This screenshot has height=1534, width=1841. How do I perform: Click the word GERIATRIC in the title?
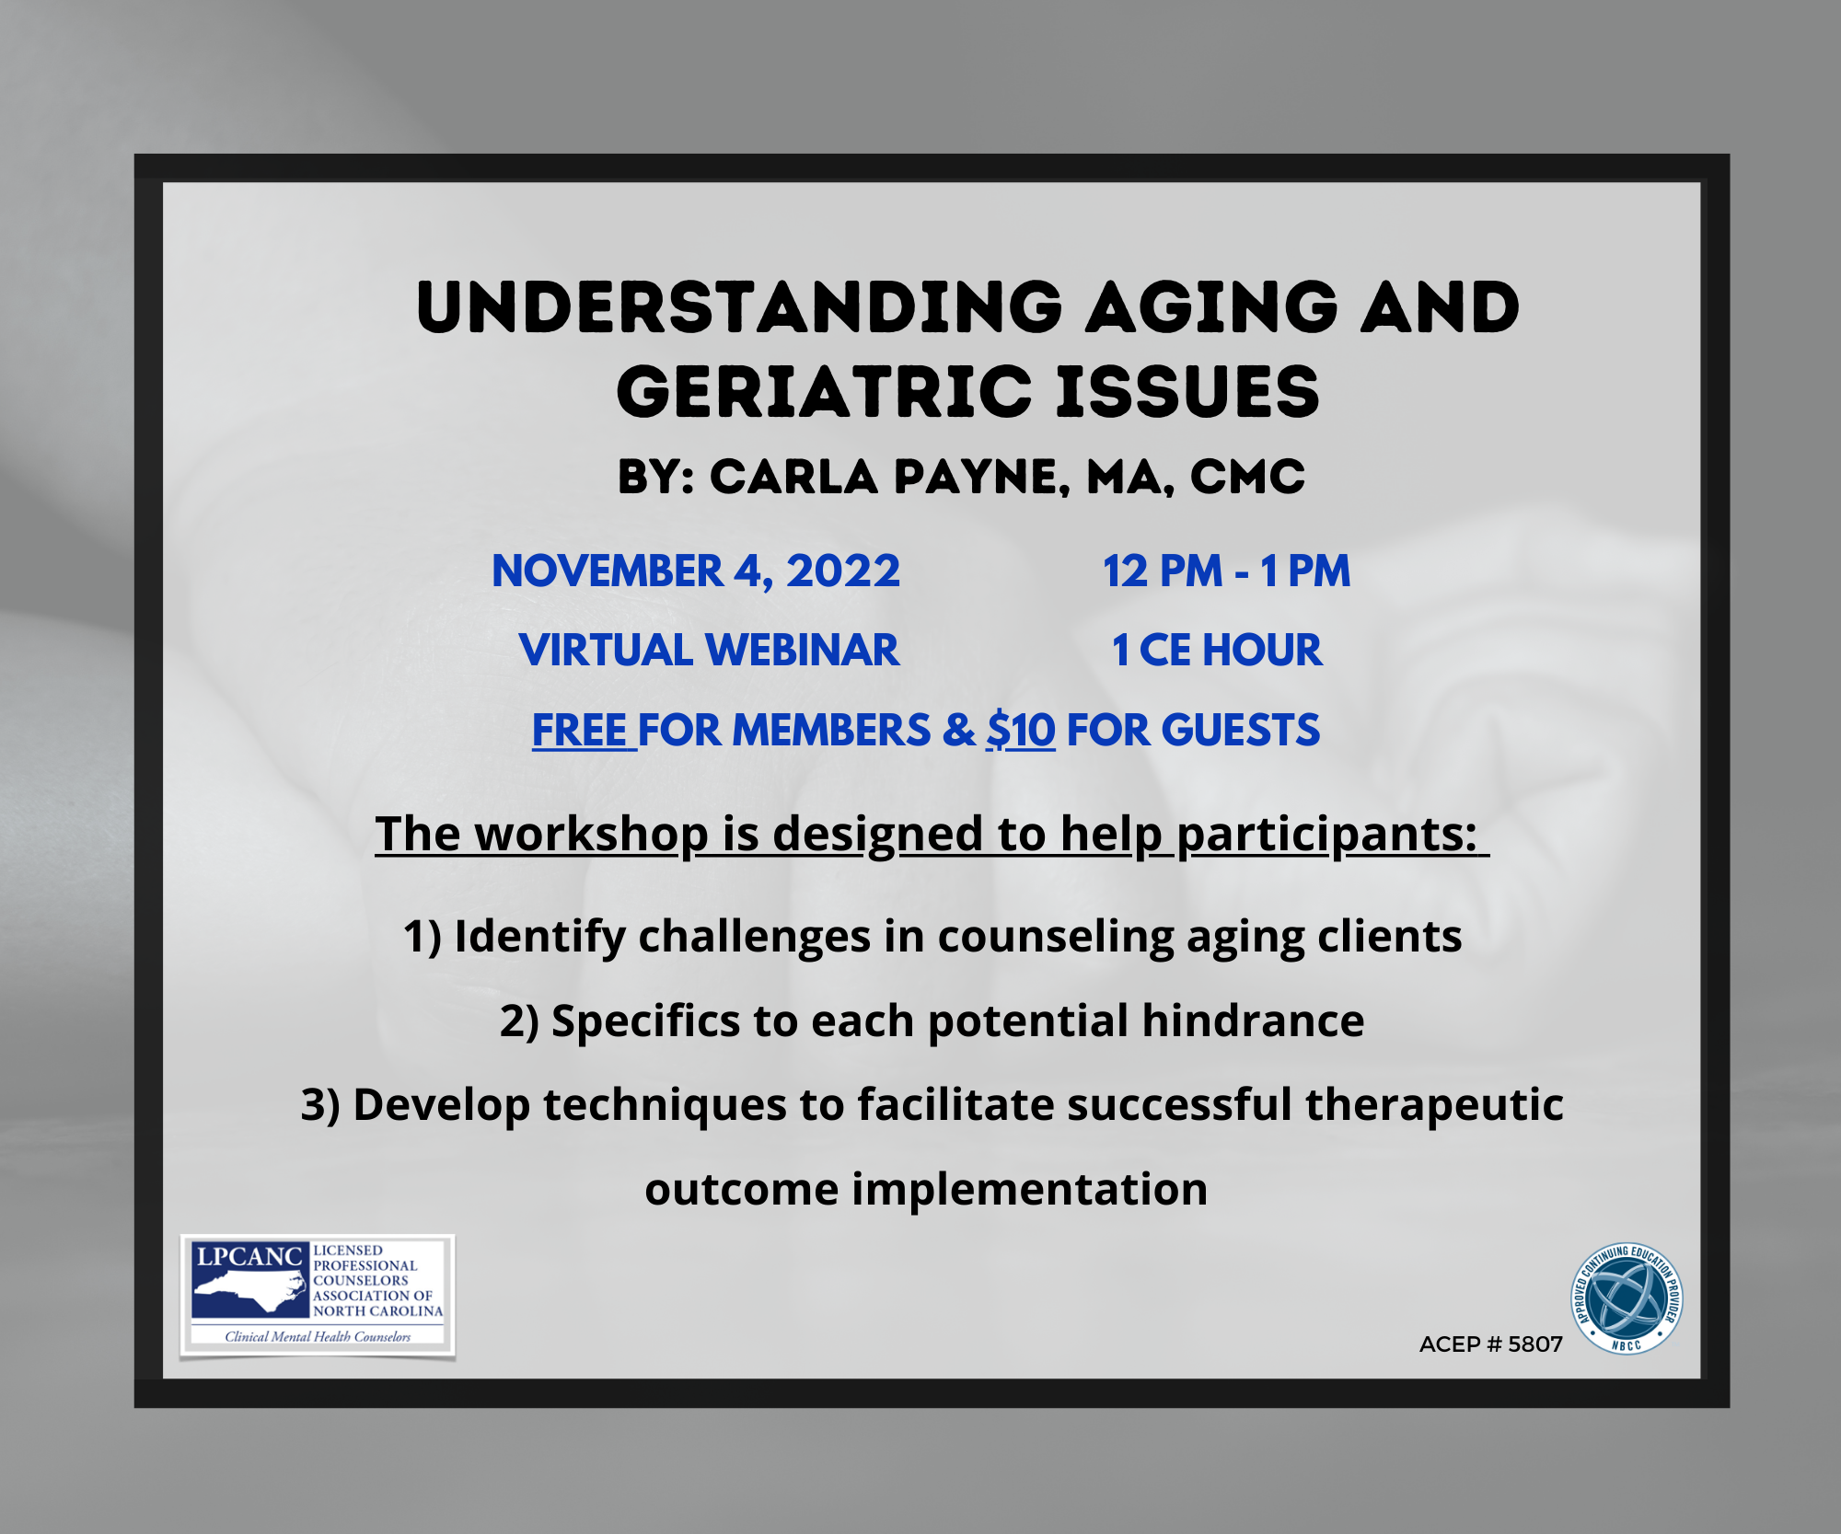pyautogui.click(x=824, y=392)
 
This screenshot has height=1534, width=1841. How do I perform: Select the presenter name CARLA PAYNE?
pyautogui.click(x=889, y=477)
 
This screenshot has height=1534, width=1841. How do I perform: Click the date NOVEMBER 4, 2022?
pyautogui.click(x=696, y=571)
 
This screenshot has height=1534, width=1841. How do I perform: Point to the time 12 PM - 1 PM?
pyautogui.click(x=1226, y=571)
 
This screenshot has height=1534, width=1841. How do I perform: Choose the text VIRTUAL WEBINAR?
pyautogui.click(x=709, y=651)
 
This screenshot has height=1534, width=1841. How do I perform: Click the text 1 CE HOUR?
pyautogui.click(x=1217, y=651)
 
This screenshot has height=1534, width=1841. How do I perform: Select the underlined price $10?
pyautogui.click(x=1020, y=731)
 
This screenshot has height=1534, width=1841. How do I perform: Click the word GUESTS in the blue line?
pyautogui.click(x=1240, y=731)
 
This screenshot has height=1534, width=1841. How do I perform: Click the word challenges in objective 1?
pyautogui.click(x=754, y=937)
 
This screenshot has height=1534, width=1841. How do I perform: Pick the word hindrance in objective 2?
pyautogui.click(x=1253, y=1021)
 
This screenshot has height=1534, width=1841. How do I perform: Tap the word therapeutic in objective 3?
pyautogui.click(x=1434, y=1104)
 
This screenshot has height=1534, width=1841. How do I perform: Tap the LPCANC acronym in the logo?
pyautogui.click(x=249, y=1256)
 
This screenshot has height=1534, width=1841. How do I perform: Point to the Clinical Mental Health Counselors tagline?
pyautogui.click(x=318, y=1336)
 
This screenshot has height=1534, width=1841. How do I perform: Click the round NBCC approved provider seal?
pyautogui.click(x=1627, y=1298)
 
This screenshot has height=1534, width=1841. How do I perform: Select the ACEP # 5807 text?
pyautogui.click(x=1490, y=1344)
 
